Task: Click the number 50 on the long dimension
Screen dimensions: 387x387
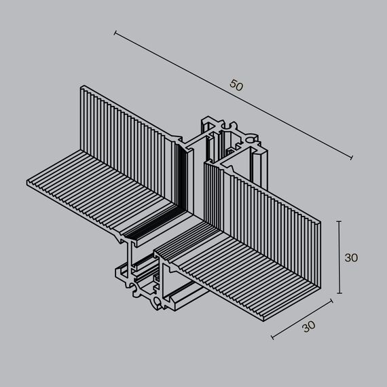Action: tap(236, 86)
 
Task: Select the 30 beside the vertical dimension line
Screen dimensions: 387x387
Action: tap(351, 257)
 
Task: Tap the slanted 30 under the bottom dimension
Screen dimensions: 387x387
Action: tap(309, 326)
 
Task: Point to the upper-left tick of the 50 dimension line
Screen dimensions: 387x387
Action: tap(116, 32)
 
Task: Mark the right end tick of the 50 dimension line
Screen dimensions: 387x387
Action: tap(351, 158)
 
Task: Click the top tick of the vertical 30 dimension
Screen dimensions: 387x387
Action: tap(339, 221)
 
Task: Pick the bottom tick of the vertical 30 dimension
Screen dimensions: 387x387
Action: tap(339, 293)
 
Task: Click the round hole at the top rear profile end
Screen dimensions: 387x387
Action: tap(255, 139)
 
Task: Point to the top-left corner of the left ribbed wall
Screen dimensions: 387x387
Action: tap(82, 87)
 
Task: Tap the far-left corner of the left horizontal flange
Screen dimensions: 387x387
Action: tap(27, 183)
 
